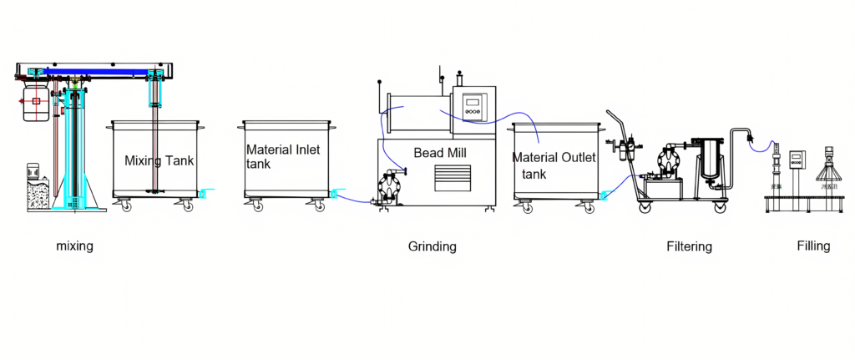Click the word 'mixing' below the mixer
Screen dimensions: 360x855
pos(74,246)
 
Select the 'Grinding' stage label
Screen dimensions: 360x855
pos(432,246)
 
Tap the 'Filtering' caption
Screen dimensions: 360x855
pos(689,246)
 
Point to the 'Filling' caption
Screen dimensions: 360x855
pos(812,246)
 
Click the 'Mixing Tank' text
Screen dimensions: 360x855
pos(159,160)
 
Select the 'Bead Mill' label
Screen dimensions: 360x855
pos(439,153)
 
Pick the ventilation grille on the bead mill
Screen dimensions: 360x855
pos(452,176)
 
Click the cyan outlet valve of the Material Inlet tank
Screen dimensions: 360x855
pos(336,195)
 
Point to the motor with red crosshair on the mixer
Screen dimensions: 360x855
pos(34,101)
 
